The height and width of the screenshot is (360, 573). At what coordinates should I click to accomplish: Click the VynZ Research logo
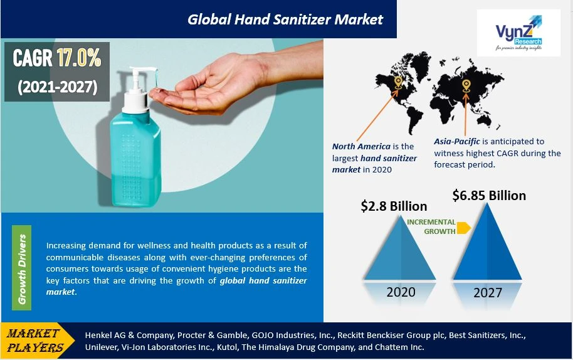click(518, 33)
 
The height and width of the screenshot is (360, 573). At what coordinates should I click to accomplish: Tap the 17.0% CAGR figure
click(79, 58)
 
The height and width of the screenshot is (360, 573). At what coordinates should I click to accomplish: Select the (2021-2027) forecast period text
click(58, 87)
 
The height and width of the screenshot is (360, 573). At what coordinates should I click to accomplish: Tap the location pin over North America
click(398, 83)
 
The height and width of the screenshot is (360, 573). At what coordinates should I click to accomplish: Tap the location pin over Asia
click(466, 87)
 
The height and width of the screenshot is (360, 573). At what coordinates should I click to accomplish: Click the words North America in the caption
click(361, 147)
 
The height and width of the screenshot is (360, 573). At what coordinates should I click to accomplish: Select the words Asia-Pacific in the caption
click(457, 142)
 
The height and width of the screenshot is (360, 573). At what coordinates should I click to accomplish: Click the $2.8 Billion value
click(394, 206)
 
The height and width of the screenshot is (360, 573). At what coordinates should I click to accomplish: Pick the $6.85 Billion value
click(489, 196)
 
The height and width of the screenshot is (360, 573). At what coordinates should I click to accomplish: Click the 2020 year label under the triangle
click(401, 292)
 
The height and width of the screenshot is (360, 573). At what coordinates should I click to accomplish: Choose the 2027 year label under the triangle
click(488, 293)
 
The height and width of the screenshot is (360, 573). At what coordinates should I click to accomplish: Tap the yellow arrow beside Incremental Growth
click(464, 227)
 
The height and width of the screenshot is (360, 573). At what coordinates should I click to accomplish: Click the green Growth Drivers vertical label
click(21, 268)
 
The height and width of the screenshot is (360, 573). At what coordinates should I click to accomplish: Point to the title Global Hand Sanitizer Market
click(285, 19)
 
